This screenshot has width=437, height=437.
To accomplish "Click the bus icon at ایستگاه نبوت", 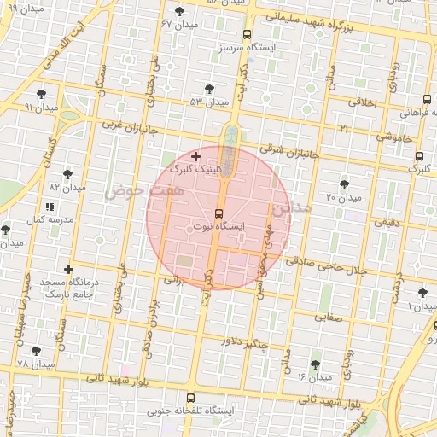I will pos(218,213).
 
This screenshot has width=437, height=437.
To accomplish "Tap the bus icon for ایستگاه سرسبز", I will pos(248,35).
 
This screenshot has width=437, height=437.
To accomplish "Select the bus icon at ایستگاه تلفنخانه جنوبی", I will pos(190,398).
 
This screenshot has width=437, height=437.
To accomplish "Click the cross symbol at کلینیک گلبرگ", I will pos(196,156).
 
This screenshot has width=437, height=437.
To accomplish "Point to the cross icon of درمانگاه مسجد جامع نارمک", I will pos(69,270).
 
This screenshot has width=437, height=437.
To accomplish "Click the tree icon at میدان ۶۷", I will pos(179,10).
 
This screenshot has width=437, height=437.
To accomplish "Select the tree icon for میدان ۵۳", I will pos(209,88).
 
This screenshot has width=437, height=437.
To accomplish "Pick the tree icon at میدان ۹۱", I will pos(42,94).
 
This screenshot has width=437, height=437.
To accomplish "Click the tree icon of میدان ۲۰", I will pos(344,184).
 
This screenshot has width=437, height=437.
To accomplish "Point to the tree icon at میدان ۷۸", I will pos(36,350).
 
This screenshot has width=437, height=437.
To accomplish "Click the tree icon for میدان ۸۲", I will pos(67,174).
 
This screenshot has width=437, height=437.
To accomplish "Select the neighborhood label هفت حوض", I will pos(132,192).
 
